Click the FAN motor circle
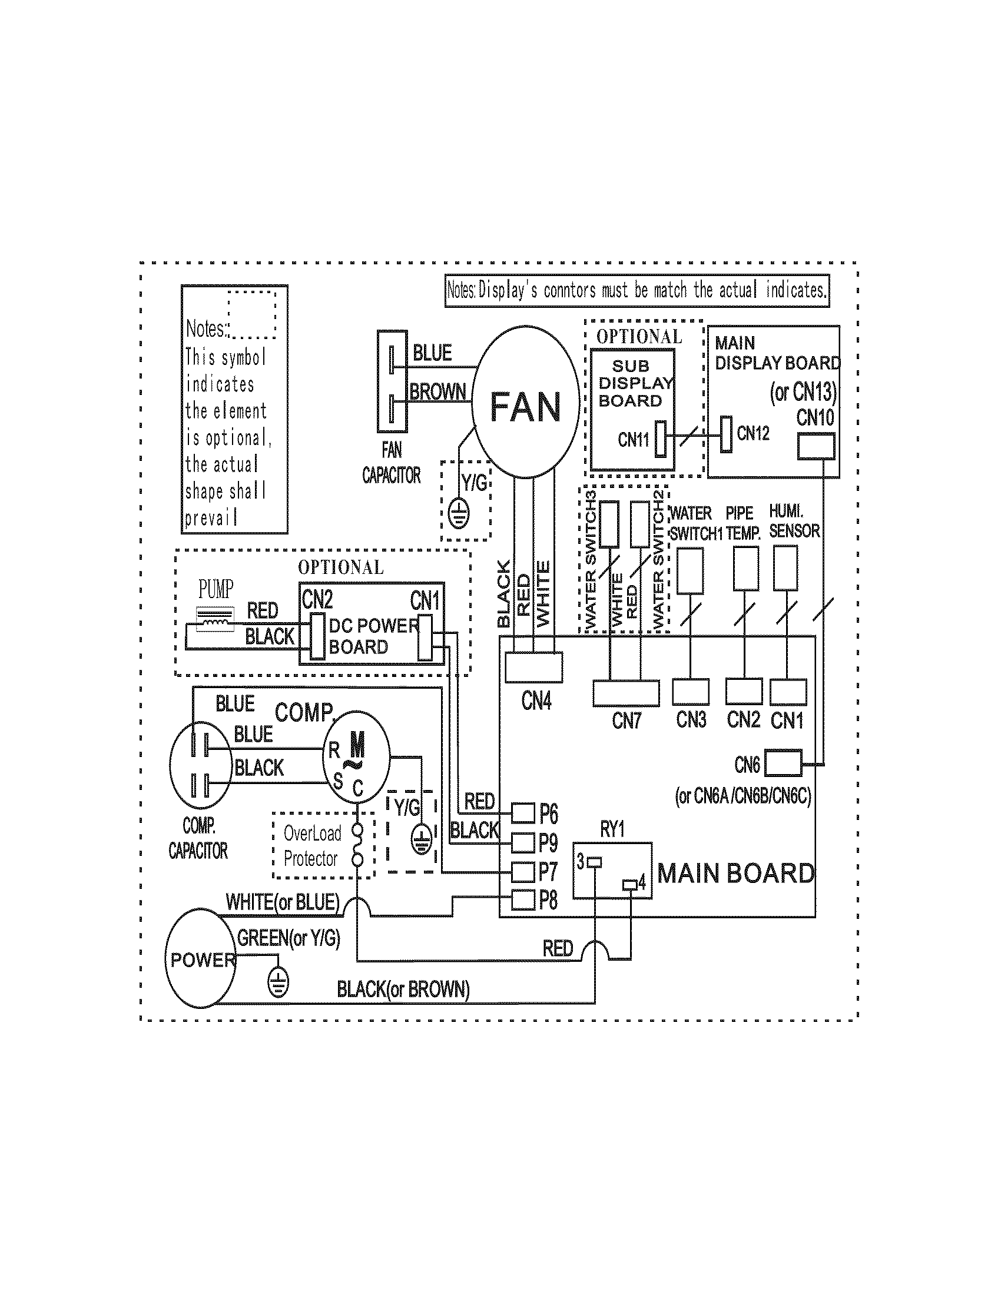click(525, 402)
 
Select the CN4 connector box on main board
click(533, 666)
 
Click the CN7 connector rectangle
click(625, 693)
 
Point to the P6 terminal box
click(523, 813)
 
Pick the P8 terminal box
click(523, 900)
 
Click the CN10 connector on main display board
click(816, 446)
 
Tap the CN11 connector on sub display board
click(661, 439)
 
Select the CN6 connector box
click(783, 763)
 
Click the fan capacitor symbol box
click(392, 381)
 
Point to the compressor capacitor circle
click(200, 764)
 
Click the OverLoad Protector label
click(311, 845)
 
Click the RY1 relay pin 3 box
click(594, 862)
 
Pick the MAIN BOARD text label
click(735, 874)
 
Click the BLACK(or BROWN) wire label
click(403, 989)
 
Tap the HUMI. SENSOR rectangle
click(785, 568)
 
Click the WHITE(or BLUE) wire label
click(282, 902)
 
